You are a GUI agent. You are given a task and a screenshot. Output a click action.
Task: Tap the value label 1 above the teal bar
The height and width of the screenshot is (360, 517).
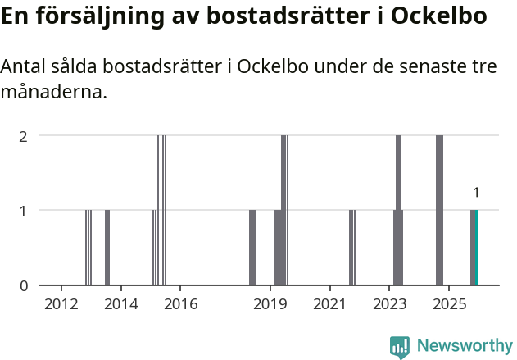click(x=476, y=193)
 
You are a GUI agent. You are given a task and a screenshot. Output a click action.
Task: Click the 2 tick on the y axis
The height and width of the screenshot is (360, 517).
click(x=24, y=135)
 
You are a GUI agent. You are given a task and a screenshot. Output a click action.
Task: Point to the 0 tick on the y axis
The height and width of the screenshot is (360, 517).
click(x=24, y=285)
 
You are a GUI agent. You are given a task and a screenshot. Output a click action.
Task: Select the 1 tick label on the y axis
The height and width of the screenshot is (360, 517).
click(x=24, y=211)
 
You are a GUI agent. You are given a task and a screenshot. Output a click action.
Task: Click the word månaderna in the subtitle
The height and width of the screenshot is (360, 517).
click(x=54, y=93)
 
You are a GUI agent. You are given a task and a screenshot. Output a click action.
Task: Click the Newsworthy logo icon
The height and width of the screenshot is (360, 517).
click(x=400, y=347)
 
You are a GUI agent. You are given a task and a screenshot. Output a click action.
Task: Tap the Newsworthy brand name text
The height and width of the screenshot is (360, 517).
click(x=465, y=347)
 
